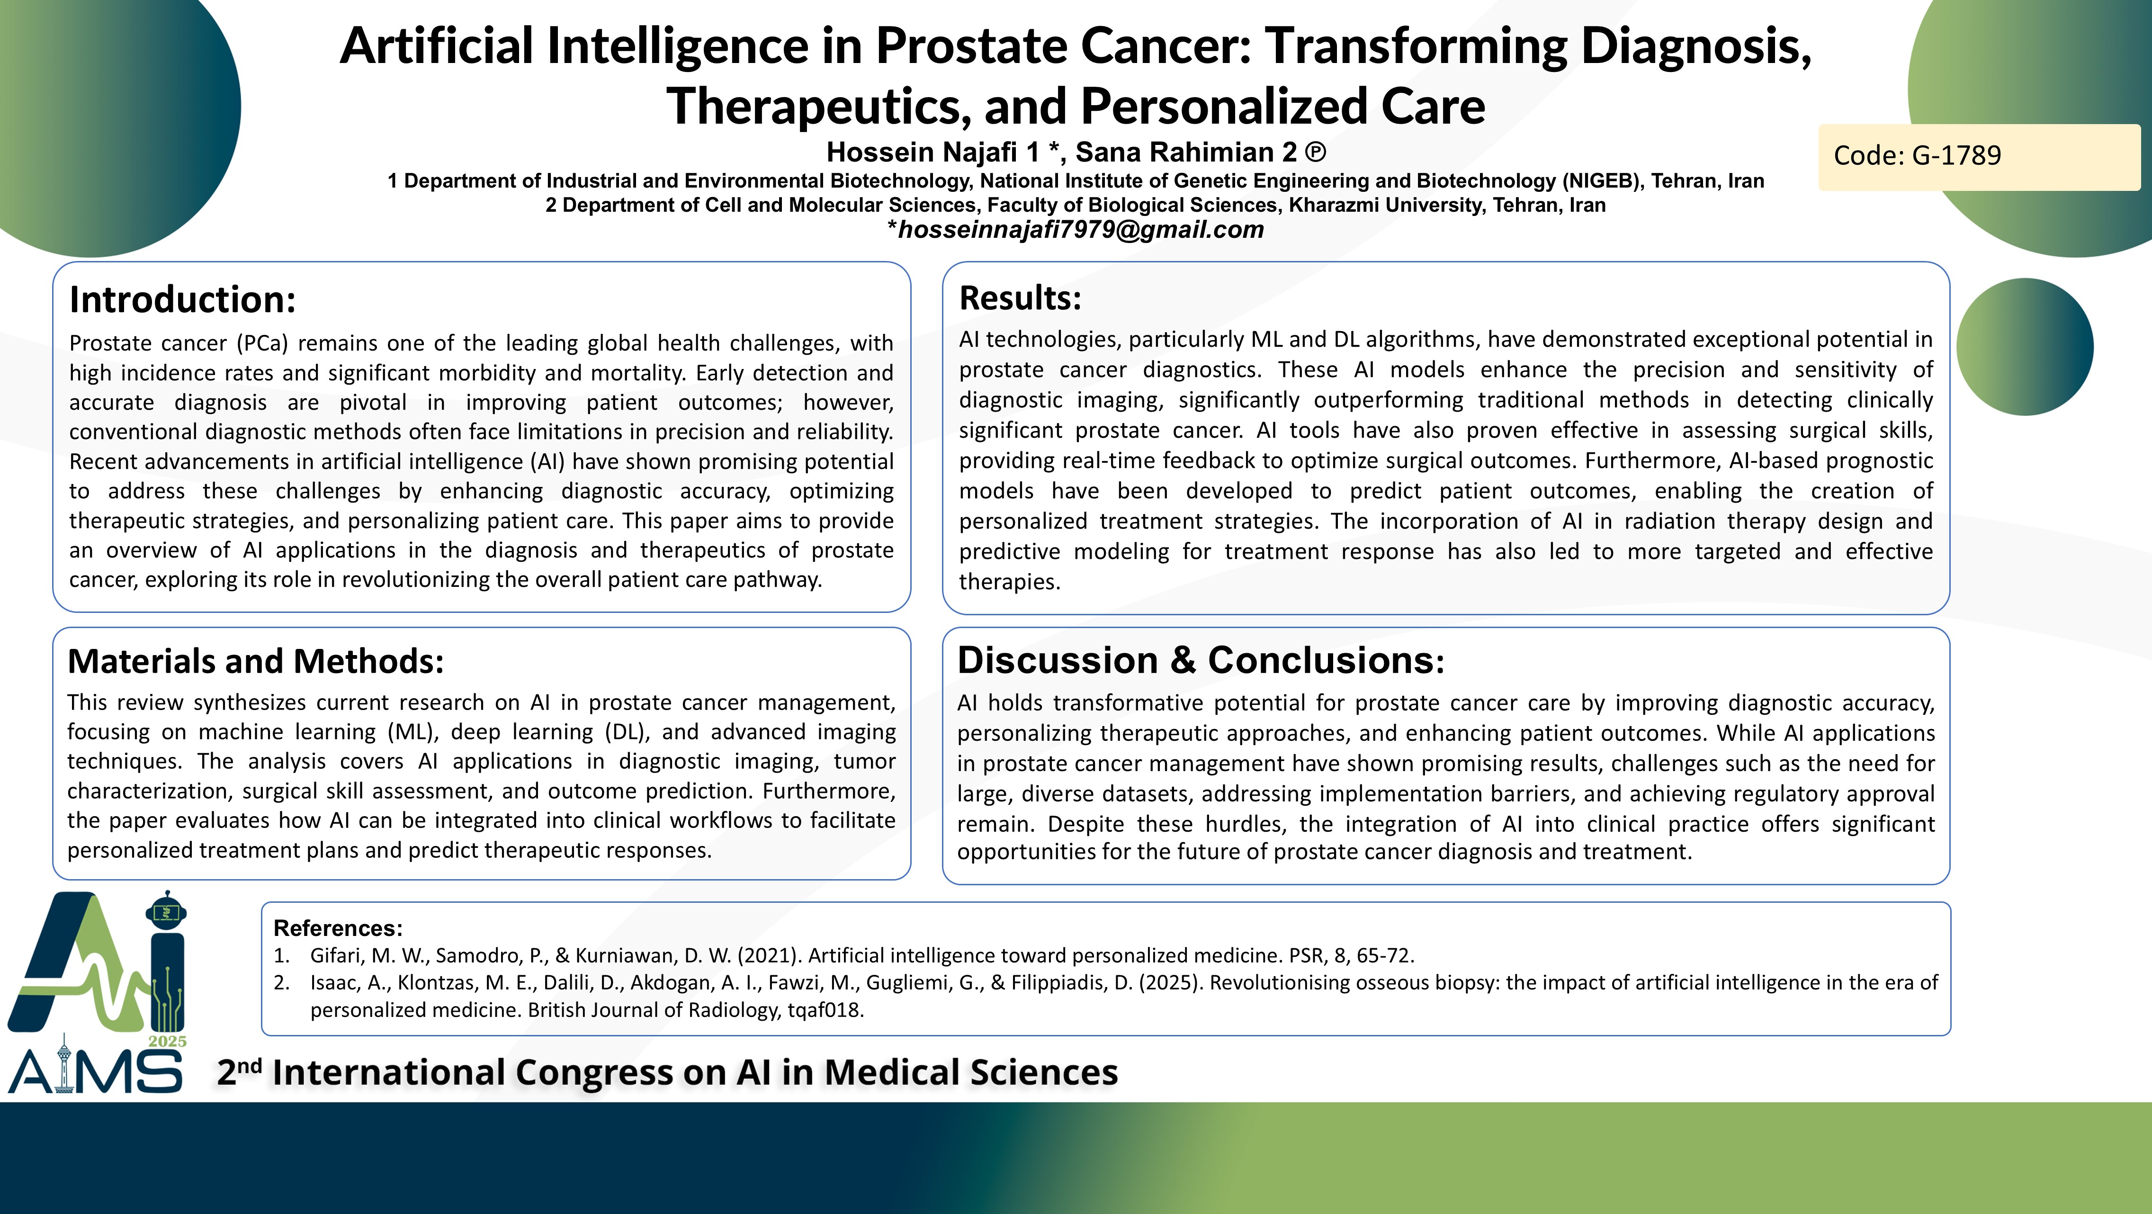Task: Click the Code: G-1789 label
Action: (1917, 155)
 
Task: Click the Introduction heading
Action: (182, 299)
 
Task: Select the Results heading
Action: (1020, 297)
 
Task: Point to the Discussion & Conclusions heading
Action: (1201, 660)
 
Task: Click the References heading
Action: (338, 928)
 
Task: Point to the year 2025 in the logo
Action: (167, 1041)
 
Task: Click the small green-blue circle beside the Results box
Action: (2025, 347)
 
